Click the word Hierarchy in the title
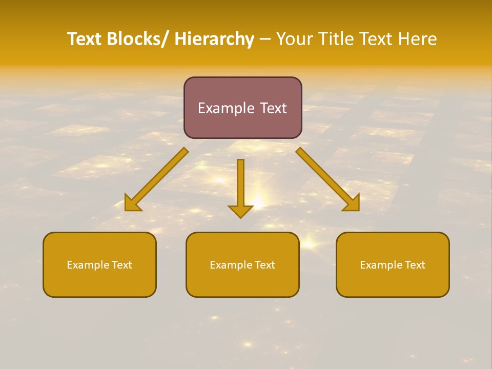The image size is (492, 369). tap(214, 39)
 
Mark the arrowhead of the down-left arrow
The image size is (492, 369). tap(132, 204)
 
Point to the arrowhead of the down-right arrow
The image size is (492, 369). tap(352, 204)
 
